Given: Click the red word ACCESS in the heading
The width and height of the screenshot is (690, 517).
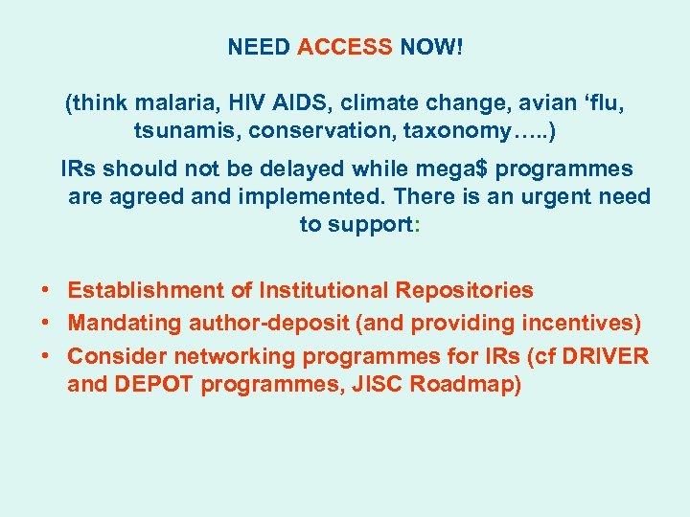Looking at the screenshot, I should tap(345, 47).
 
